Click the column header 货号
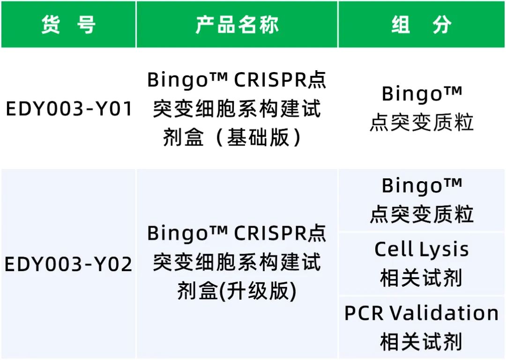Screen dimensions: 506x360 tap(68, 24)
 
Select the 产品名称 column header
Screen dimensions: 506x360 tap(237, 24)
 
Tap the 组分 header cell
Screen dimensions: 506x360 tap(422, 24)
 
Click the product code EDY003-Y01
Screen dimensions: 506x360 tap(69, 109)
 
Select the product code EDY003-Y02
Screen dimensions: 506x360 tap(68, 264)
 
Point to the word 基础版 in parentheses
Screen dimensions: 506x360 tap(258, 138)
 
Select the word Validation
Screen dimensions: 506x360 tap(444, 313)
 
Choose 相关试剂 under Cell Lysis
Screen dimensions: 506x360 tap(421, 278)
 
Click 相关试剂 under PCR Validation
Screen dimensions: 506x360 tap(421, 342)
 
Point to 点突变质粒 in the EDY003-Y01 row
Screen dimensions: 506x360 tap(422, 123)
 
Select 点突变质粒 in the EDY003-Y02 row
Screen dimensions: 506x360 tap(422, 214)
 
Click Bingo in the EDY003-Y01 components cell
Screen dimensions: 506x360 tap(412, 94)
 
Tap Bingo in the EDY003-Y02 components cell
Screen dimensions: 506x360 tap(412, 186)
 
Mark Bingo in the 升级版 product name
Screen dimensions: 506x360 tap(178, 234)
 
